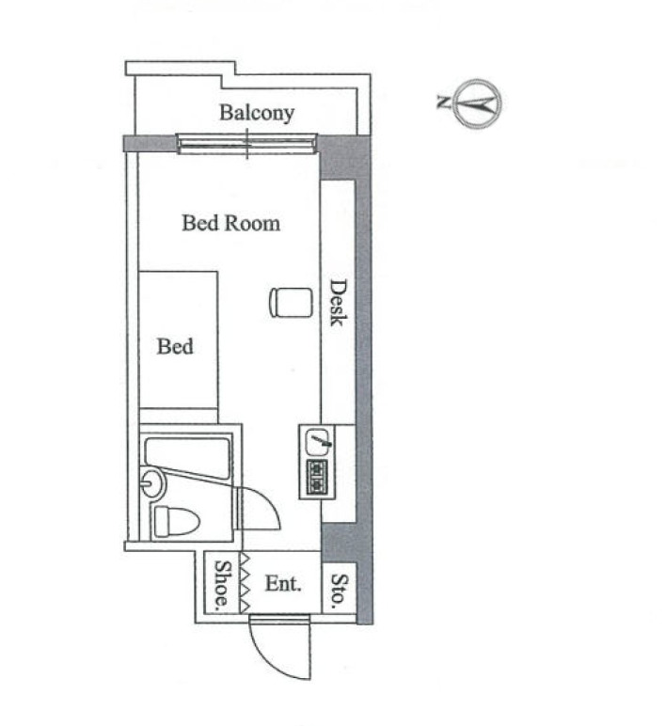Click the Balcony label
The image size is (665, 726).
coord(257,113)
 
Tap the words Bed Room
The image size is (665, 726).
coord(230,223)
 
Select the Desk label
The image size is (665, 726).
coord(338,303)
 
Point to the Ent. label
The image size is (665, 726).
coord(283,583)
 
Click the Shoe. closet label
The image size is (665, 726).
coord(222,584)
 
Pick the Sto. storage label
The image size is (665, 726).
coord(340,592)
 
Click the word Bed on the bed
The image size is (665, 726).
coord(175,346)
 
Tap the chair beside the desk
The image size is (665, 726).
coord(291,303)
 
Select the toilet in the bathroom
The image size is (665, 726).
coord(176,521)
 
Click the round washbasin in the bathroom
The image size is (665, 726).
coord(152,482)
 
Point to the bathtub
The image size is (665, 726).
coord(187,457)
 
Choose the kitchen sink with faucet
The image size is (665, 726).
coord(318,442)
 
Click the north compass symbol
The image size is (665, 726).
coord(479,103)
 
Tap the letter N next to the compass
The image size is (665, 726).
coord(443,102)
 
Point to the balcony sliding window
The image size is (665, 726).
coord(246,144)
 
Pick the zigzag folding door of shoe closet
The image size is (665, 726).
coord(245,582)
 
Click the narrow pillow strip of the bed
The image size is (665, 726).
coord(179,416)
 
